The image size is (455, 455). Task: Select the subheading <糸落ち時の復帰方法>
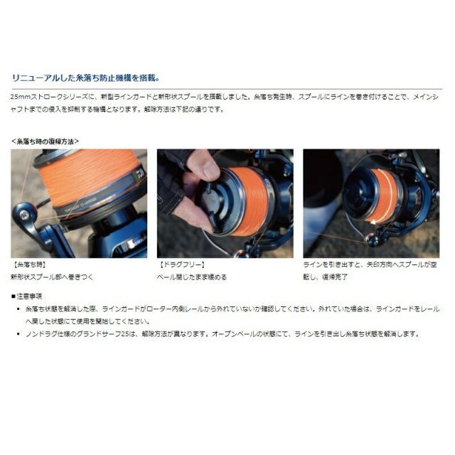[x=45, y=141]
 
